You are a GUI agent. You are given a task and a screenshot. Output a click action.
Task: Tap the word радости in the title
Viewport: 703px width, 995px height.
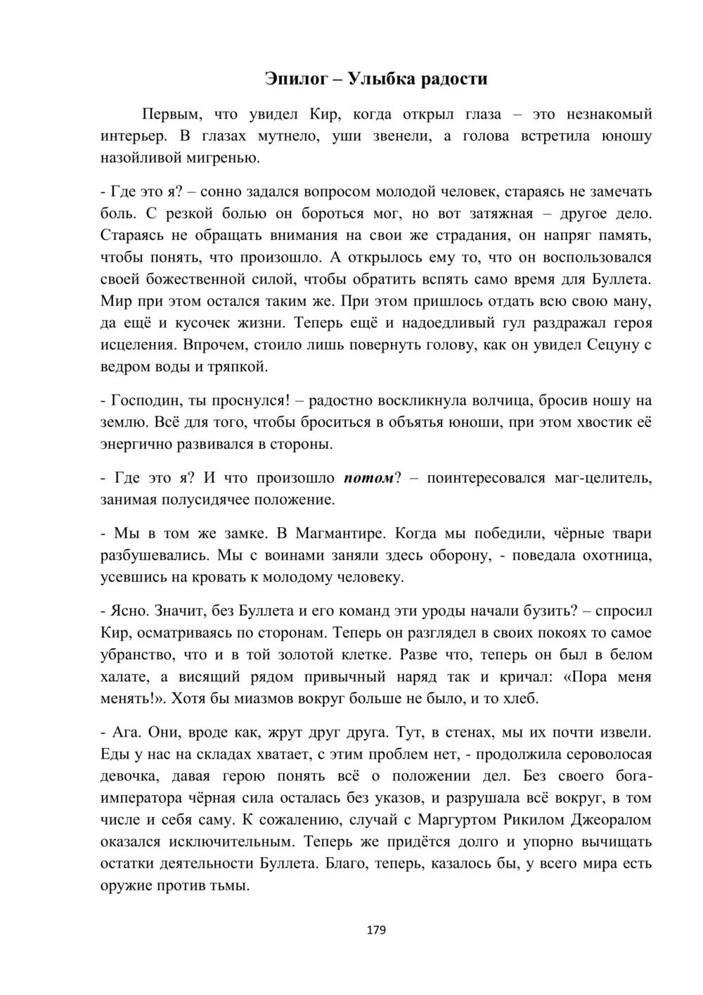(x=454, y=78)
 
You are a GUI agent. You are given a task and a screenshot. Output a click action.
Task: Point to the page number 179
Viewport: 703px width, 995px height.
(x=376, y=930)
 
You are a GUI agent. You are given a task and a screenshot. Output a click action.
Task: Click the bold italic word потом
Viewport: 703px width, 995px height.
(x=368, y=479)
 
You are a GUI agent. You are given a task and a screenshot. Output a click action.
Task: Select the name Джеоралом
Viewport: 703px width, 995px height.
(x=606, y=820)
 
